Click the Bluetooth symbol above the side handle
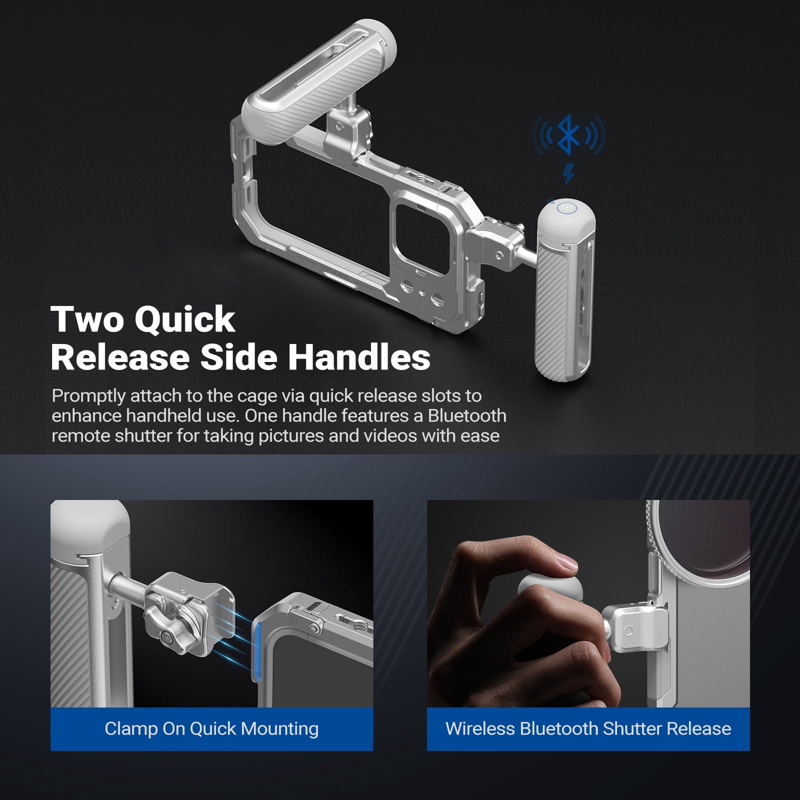(x=568, y=134)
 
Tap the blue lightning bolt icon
(x=568, y=173)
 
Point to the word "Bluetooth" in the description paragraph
(x=467, y=416)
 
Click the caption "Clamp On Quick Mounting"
(x=211, y=728)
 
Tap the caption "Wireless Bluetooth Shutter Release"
(x=588, y=728)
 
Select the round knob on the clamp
(x=165, y=637)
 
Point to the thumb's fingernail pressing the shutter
(x=566, y=563)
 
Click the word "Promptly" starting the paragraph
(x=88, y=396)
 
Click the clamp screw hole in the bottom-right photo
(x=628, y=631)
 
